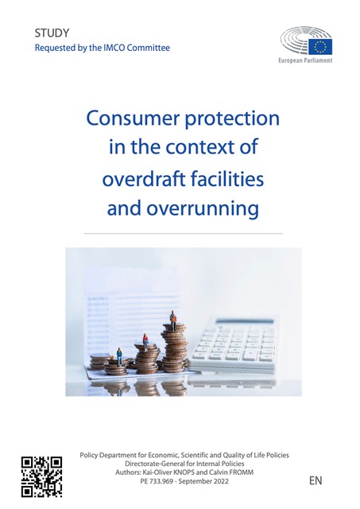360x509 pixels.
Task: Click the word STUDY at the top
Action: coord(52,33)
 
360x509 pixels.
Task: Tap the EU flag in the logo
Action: coord(320,47)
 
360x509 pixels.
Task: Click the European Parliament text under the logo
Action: coord(305,60)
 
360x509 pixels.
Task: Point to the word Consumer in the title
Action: coord(134,119)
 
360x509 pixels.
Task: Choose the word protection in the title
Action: coord(232,119)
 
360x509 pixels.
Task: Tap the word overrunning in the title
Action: coord(203,208)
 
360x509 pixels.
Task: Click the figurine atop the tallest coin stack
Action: coord(173,320)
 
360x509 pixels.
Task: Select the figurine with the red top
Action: coord(145,343)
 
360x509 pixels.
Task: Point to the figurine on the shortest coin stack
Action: coord(120,357)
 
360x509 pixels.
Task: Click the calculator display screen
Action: coord(244,321)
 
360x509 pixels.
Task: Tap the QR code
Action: coord(41,476)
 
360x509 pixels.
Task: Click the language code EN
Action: coord(315,480)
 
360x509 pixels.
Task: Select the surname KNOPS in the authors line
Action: coord(187,472)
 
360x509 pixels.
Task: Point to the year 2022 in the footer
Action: coord(221,481)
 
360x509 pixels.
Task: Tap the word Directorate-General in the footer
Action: coord(155,464)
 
